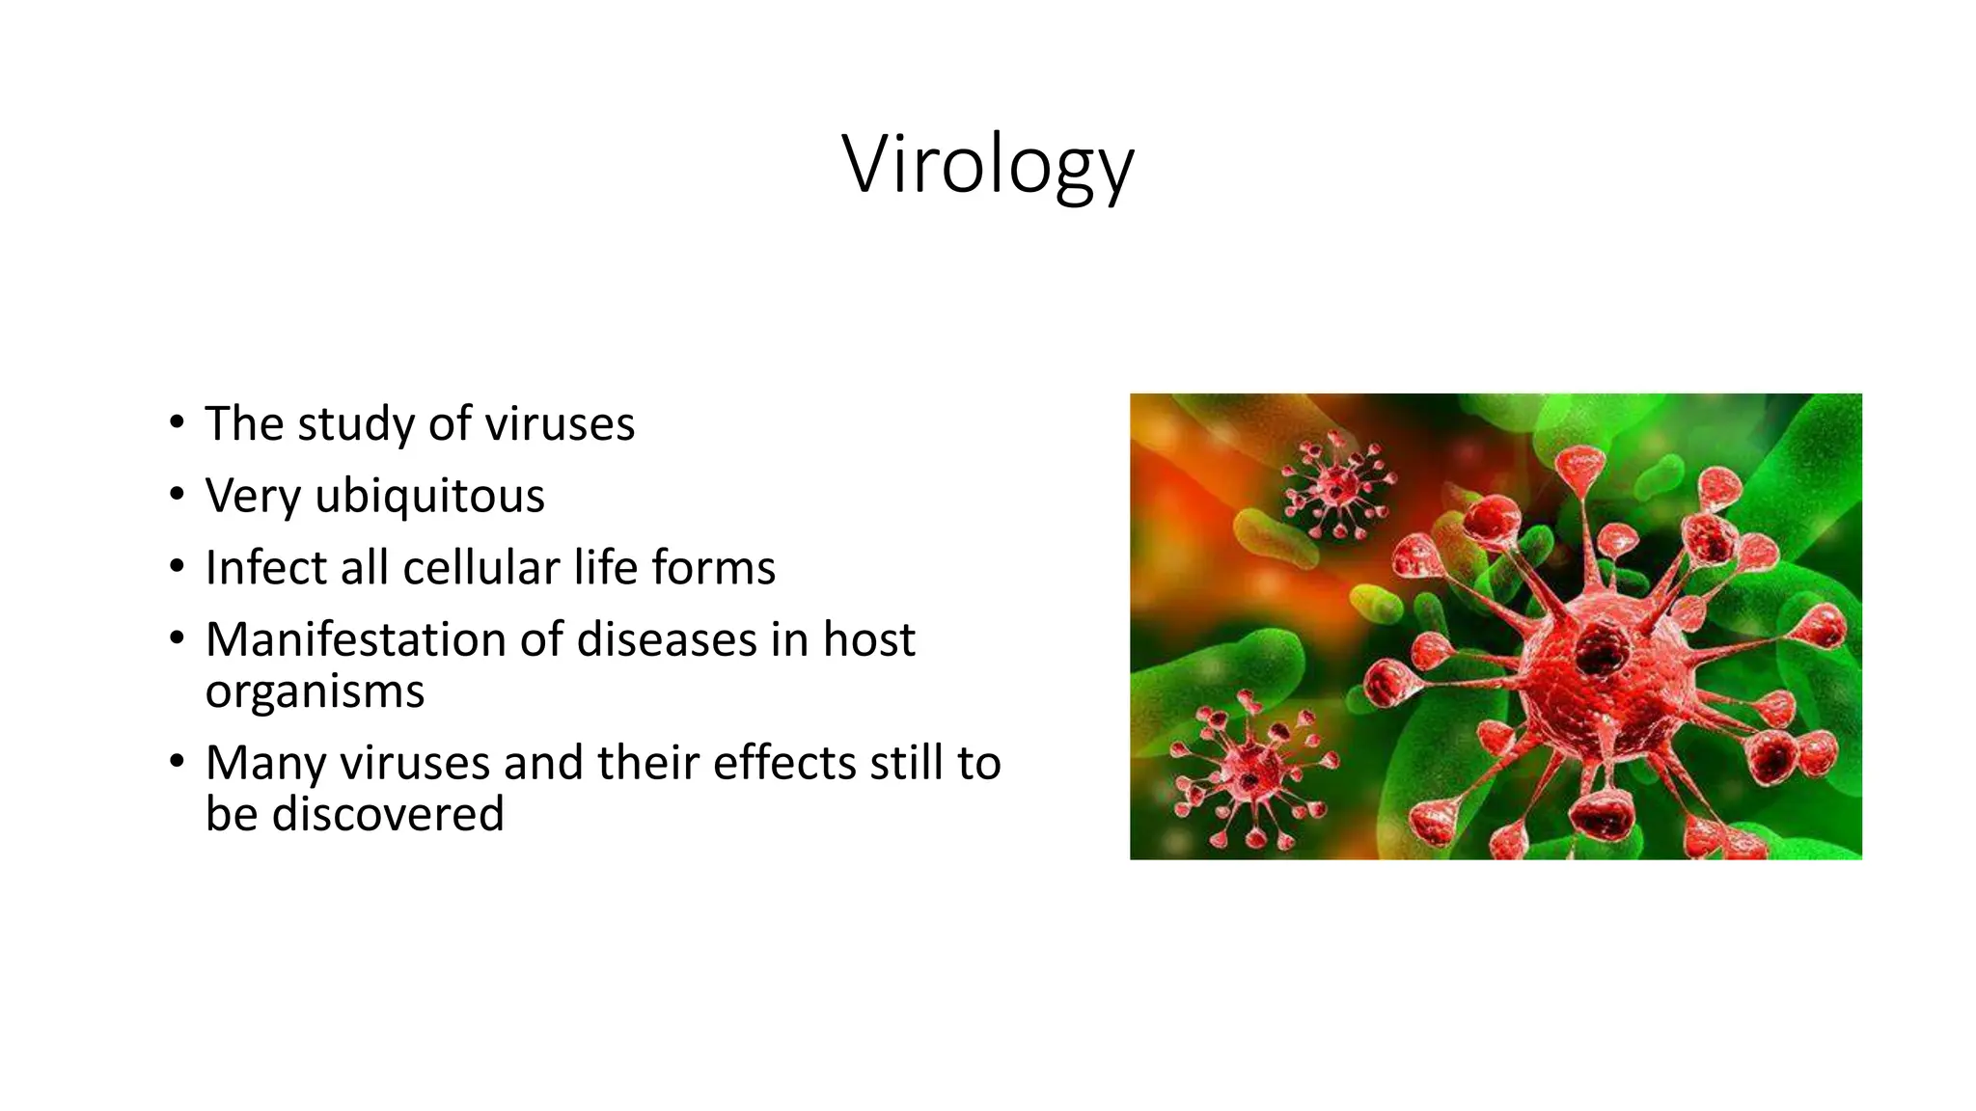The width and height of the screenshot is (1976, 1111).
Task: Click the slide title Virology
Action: point(988,164)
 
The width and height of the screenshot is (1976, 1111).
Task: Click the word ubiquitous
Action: point(429,496)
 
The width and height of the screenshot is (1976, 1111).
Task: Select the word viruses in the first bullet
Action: point(560,424)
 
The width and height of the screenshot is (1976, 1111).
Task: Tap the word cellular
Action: point(481,567)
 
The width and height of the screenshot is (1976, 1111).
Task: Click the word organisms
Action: point(315,692)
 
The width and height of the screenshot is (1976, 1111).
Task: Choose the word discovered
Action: point(388,814)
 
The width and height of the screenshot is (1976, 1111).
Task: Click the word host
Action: point(868,639)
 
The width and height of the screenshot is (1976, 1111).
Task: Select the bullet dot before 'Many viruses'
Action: point(176,762)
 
